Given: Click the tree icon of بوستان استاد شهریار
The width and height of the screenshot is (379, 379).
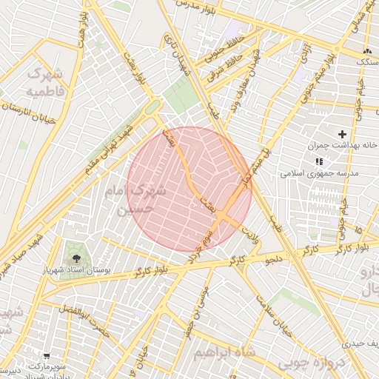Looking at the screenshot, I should tap(76, 257).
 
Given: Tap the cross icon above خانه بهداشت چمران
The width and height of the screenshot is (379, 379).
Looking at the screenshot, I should tap(342, 134).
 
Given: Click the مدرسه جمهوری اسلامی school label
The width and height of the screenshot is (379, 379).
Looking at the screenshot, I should tap(320, 173).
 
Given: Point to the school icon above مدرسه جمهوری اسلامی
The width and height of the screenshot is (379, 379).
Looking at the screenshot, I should tap(319, 161).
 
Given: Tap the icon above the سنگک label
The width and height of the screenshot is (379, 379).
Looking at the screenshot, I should tap(366, 50).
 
